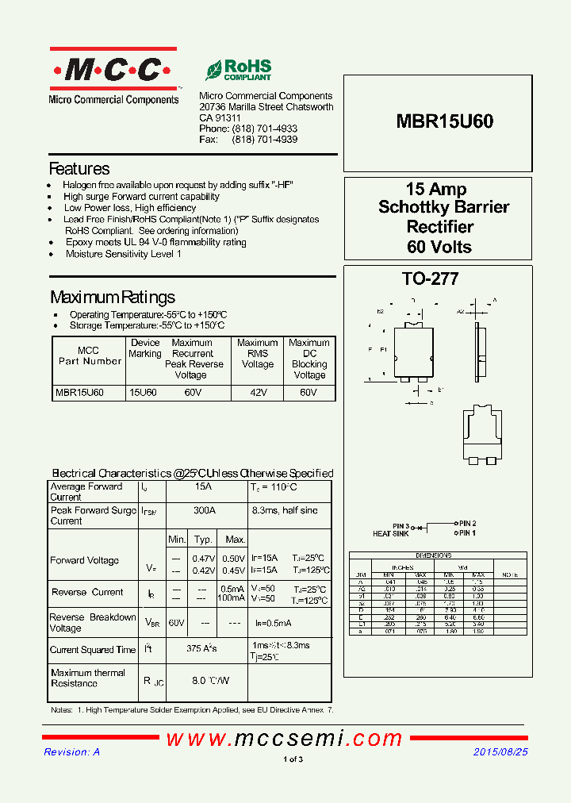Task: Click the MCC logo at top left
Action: [113, 71]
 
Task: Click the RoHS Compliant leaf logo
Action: [238, 70]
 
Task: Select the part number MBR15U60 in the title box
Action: [444, 121]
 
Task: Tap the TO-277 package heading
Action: [431, 279]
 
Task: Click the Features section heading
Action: [79, 169]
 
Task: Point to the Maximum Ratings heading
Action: [113, 298]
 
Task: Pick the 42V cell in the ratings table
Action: [257, 393]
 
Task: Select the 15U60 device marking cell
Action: [144, 393]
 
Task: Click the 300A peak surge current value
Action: [205, 511]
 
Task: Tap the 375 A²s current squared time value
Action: [202, 649]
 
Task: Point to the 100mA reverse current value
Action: [232, 598]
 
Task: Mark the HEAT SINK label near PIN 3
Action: [390, 534]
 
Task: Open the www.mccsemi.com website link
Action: [284, 739]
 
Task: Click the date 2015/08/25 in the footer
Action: [500, 751]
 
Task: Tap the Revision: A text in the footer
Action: [72, 751]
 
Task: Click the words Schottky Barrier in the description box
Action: [444, 208]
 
